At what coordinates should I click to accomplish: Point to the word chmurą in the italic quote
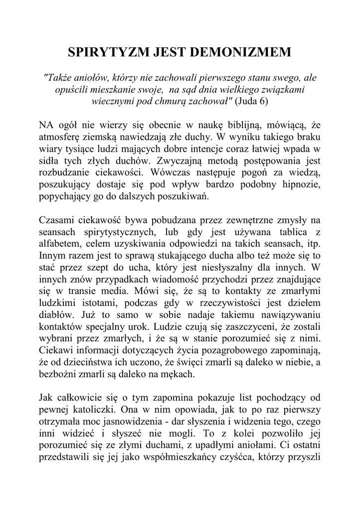tap(170, 100)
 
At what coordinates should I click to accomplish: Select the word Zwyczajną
tap(180, 161)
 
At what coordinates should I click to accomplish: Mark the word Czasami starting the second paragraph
tap(55, 222)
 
